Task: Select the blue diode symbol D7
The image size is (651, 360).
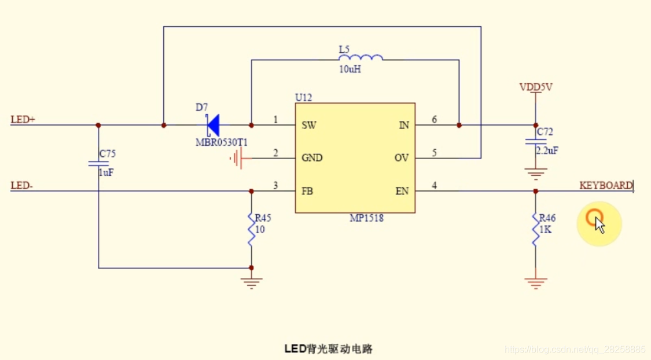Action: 212,124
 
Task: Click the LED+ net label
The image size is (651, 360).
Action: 23,120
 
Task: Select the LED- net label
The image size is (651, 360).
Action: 22,186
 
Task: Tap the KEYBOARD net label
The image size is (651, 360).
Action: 606,185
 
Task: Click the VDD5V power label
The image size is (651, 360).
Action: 535,87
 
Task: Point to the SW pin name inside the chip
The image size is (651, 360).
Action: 308,125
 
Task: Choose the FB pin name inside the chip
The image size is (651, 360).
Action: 307,191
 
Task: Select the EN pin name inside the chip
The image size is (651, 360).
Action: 402,191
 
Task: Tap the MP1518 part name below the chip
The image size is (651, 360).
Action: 366,218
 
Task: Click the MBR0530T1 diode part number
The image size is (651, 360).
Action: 221,142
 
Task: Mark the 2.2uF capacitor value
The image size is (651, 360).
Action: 547,150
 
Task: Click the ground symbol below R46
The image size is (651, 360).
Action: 535,283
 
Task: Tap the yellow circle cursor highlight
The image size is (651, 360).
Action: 598,222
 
